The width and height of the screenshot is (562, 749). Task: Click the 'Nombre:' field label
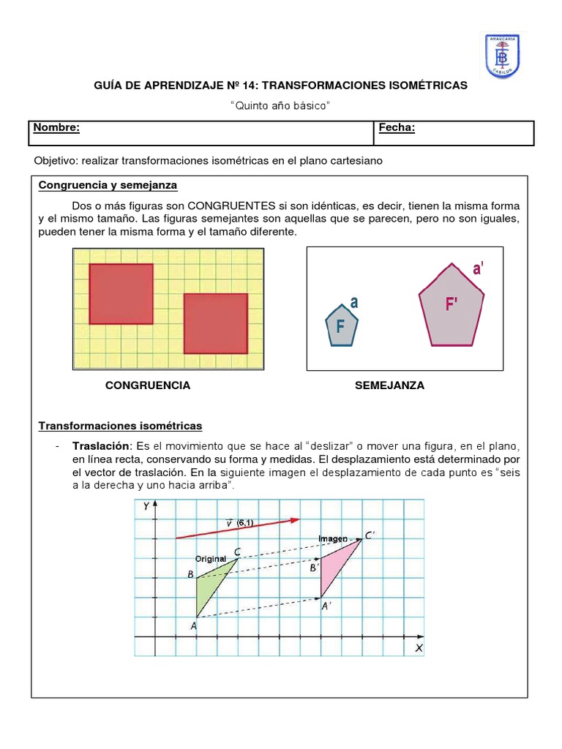[56, 128]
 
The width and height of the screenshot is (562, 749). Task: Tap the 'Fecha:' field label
[397, 128]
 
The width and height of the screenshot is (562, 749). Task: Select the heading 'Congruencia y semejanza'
[108, 185]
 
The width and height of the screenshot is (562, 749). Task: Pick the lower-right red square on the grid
[215, 323]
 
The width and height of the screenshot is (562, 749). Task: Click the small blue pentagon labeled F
[341, 326]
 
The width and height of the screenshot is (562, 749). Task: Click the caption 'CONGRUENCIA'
[148, 385]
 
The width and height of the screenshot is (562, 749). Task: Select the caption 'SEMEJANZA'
[389, 385]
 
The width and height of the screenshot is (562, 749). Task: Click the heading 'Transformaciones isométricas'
[120, 426]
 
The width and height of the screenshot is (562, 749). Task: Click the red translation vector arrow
[238, 528]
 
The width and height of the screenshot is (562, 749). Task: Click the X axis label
[419, 648]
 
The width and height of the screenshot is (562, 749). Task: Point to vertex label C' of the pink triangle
[370, 535]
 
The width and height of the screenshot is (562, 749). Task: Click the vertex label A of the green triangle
[193, 625]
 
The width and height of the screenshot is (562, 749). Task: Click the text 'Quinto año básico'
[280, 106]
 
